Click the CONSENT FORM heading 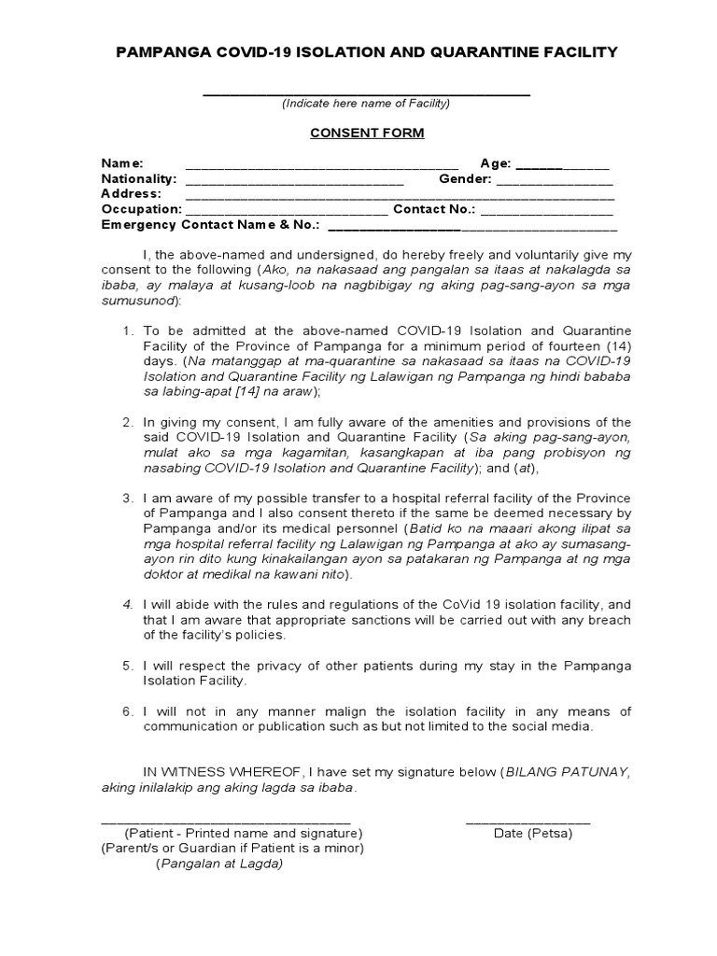tap(367, 133)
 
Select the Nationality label tap(139, 178)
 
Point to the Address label tap(131, 193)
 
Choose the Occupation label tap(141, 209)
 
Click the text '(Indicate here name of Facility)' tap(366, 104)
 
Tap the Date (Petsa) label tap(533, 833)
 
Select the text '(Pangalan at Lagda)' tap(218, 864)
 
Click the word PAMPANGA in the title tap(159, 52)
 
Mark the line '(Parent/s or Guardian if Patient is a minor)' tap(232, 849)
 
